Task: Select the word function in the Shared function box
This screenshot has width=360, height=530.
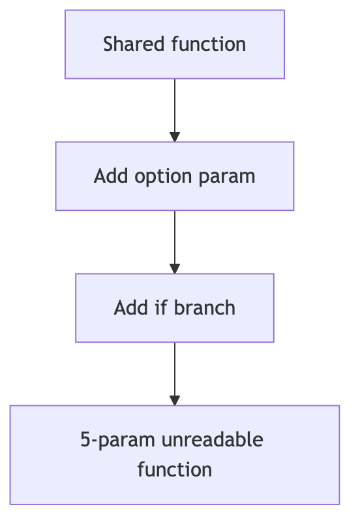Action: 209,44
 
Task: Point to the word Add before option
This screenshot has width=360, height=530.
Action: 111,176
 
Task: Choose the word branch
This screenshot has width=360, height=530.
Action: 205,307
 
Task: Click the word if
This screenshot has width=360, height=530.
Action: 160,307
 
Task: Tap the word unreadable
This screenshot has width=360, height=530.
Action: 213,439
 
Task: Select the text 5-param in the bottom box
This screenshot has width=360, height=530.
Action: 118,441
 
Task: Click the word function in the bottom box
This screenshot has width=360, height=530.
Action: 175,469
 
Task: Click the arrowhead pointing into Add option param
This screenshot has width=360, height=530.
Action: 175,137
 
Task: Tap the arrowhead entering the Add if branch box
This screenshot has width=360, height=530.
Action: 175,269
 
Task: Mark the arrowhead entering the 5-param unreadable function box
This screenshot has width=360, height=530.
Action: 175,401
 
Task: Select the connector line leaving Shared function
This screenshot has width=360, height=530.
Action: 175,106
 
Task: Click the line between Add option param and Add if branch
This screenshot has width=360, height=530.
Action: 175,238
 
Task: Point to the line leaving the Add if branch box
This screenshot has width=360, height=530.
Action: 175,369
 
